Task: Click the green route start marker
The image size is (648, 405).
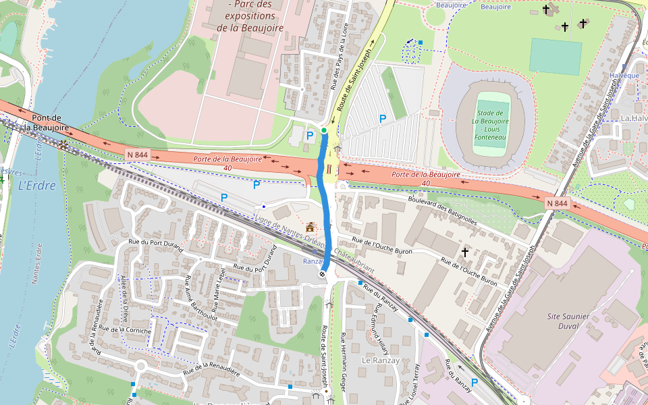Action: tap(324, 130)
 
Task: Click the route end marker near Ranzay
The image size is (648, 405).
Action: tap(323, 273)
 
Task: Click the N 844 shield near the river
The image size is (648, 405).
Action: tap(137, 155)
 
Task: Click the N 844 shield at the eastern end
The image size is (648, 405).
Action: tap(557, 202)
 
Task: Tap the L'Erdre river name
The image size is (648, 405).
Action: tap(36, 186)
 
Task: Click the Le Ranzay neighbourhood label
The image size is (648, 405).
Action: tap(381, 360)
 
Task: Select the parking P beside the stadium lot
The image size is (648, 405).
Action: tap(383, 119)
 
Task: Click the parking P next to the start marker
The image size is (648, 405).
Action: tap(310, 136)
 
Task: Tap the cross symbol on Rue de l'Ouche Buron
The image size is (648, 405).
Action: tap(464, 252)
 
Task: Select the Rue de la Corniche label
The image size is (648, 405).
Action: tap(125, 330)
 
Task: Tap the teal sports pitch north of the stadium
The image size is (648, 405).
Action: tap(555, 56)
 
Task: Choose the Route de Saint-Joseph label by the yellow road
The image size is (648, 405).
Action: tap(355, 80)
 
